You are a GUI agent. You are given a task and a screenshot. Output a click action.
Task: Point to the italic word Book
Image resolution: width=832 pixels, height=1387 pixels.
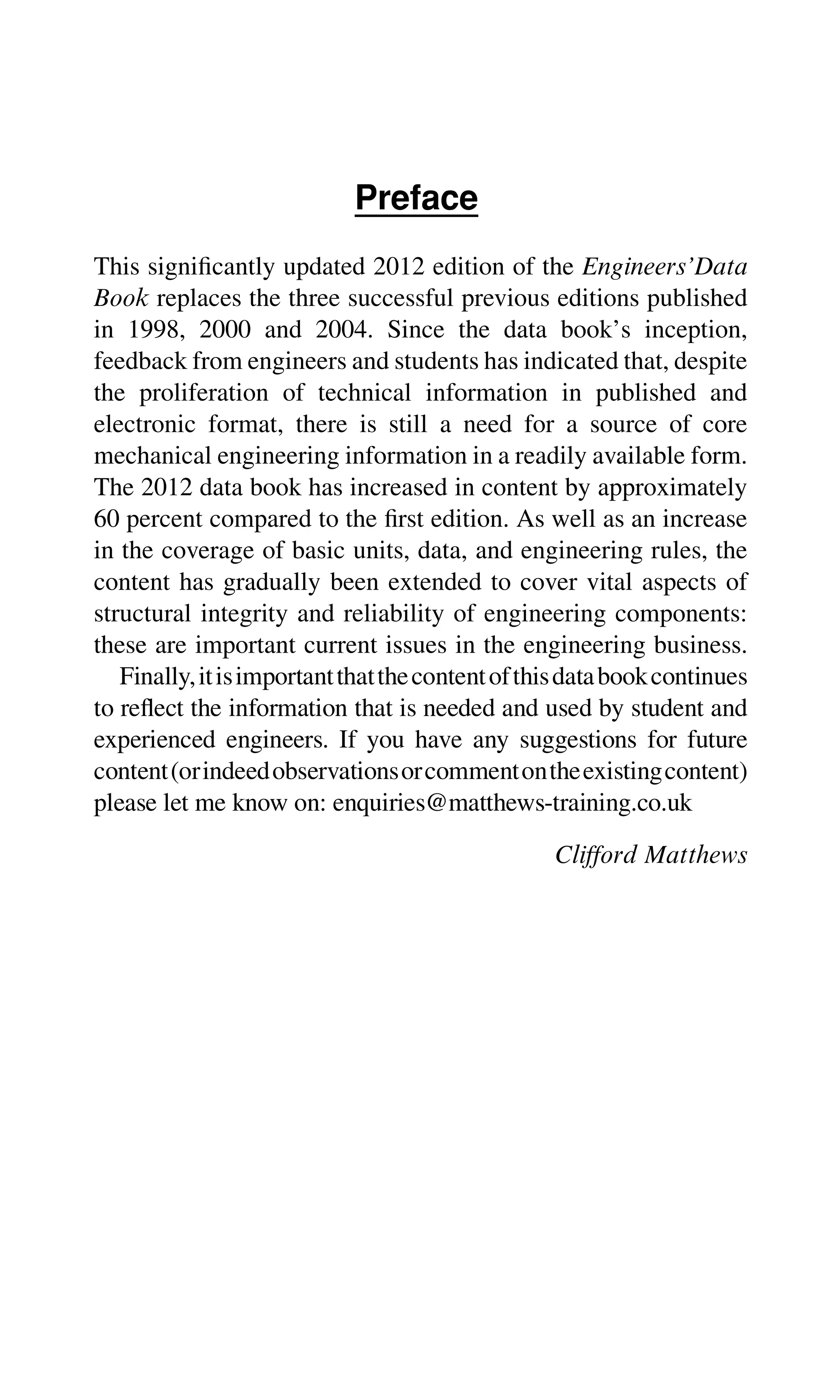tap(121, 298)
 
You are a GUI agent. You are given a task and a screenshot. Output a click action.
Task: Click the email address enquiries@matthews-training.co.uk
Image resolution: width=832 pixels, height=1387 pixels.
tap(512, 803)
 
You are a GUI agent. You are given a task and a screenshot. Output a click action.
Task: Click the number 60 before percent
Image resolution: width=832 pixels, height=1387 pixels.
tap(106, 519)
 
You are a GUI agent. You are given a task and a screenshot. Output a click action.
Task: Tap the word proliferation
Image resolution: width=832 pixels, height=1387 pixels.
tap(204, 393)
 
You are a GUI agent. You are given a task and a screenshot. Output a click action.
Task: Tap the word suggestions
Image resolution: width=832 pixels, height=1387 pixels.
tap(577, 740)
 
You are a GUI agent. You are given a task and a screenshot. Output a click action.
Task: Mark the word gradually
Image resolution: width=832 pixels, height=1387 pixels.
tap(271, 583)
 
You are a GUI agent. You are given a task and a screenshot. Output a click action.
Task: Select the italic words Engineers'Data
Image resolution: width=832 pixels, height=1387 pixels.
tap(664, 267)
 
